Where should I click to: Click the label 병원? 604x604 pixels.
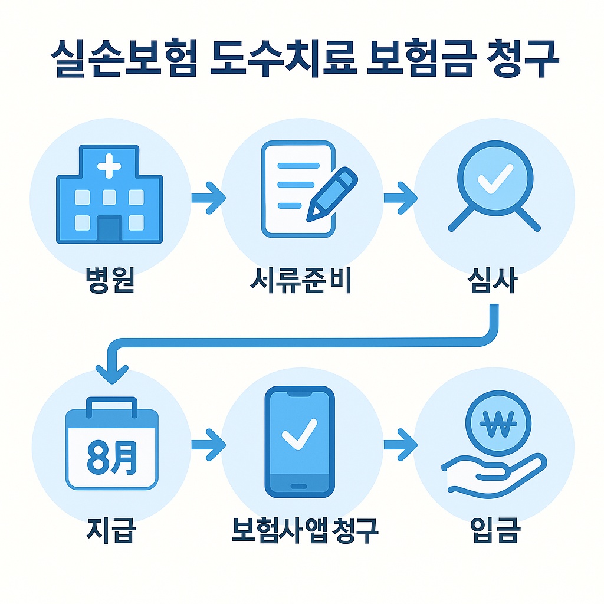pos(110,281)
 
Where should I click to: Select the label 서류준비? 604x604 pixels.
pos(301,281)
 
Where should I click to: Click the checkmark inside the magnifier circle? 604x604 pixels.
pos(494,179)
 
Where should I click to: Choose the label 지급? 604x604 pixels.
pos(110,530)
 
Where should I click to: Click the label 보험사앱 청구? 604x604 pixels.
pos(303,530)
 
